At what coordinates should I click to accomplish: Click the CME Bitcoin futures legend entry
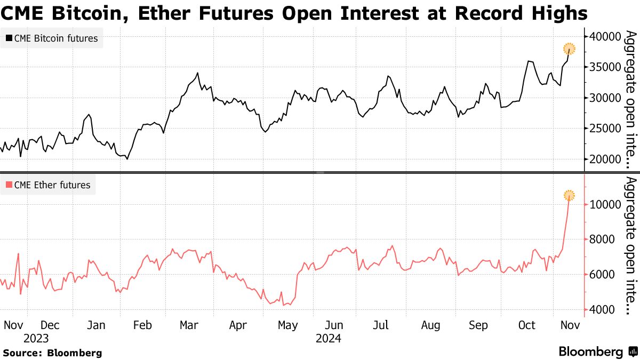click(52, 38)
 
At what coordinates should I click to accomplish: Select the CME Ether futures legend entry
click(48, 186)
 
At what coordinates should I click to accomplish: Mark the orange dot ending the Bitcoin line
click(569, 49)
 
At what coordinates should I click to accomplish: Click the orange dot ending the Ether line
click(569, 196)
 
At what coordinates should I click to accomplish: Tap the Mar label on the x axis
click(189, 325)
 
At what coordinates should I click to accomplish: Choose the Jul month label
click(381, 325)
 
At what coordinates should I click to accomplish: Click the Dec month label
click(50, 325)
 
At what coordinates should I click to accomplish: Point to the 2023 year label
click(36, 339)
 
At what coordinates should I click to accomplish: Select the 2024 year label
click(328, 339)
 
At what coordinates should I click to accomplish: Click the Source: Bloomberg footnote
click(52, 353)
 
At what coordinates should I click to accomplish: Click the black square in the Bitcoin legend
click(9, 38)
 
